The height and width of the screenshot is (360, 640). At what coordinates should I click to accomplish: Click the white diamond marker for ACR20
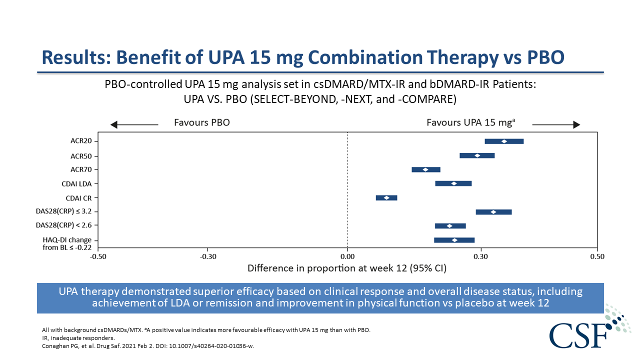[504, 141]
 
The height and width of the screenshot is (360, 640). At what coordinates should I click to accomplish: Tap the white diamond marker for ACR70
[425, 169]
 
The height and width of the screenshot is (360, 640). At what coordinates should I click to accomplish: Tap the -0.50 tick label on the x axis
[98, 256]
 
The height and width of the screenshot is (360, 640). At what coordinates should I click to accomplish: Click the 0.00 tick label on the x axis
[347, 256]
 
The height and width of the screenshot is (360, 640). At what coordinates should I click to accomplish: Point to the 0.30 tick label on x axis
[481, 256]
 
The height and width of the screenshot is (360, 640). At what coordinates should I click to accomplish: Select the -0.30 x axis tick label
[208, 256]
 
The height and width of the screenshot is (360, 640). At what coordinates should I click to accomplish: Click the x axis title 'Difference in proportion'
[347, 268]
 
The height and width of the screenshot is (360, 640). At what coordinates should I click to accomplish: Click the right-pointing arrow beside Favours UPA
[556, 124]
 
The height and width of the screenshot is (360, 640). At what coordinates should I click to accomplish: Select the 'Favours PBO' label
[201, 122]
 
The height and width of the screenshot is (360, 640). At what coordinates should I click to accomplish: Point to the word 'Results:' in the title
[76, 57]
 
